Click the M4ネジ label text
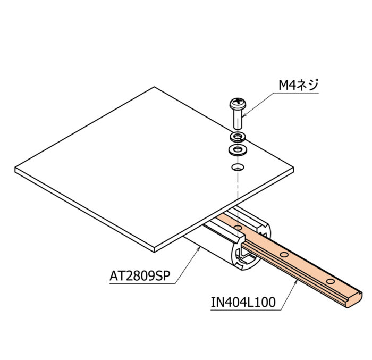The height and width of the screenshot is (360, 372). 298,85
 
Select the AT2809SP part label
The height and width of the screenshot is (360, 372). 140,276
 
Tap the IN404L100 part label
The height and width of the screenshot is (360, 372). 243,302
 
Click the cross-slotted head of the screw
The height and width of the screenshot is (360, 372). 238,103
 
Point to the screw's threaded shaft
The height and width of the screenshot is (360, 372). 238,119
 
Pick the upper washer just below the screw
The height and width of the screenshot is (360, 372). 238,137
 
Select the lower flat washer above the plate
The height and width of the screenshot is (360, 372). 238,150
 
